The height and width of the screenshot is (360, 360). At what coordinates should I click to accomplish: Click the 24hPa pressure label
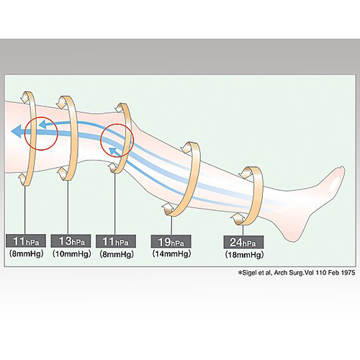point(243,242)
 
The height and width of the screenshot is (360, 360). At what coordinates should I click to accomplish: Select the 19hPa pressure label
point(171,241)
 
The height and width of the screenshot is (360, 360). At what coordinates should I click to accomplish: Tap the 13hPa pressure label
point(71,241)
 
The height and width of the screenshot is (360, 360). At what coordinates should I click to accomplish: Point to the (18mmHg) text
point(244,255)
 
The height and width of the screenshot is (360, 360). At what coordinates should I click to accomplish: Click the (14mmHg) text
point(171,253)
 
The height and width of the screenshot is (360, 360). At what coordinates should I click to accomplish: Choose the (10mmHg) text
point(72,253)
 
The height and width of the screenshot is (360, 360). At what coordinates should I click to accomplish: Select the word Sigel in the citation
point(250,273)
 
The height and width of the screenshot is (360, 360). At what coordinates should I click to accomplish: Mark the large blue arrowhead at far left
point(17,132)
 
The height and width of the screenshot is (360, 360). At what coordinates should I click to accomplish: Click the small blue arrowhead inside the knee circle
point(112,151)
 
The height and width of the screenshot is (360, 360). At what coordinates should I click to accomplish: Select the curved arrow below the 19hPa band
point(168,209)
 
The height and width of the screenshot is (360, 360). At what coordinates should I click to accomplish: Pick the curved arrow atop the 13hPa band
point(63,102)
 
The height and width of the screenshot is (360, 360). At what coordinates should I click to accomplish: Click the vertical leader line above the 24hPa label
point(243,230)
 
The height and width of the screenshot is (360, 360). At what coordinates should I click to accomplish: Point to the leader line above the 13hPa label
point(68,207)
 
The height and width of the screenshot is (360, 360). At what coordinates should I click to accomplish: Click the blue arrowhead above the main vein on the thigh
point(42,125)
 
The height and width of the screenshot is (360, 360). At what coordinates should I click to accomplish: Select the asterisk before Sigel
point(240,273)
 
